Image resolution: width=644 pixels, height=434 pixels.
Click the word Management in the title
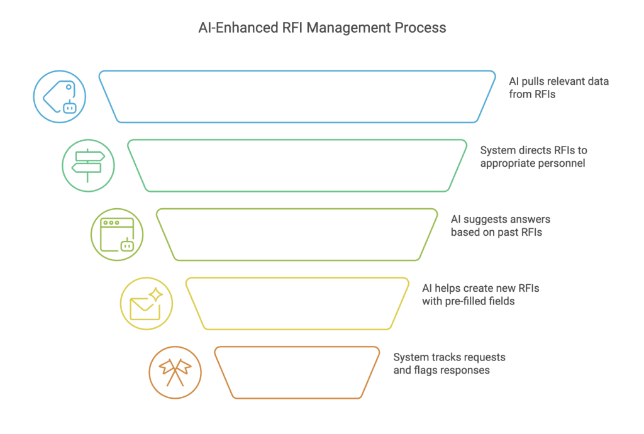click(x=348, y=28)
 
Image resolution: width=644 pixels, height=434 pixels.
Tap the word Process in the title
click(x=420, y=28)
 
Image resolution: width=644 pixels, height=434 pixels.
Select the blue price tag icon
click(x=60, y=96)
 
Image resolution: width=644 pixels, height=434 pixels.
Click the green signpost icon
click(x=88, y=165)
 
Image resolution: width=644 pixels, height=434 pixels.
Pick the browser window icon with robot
click(x=117, y=235)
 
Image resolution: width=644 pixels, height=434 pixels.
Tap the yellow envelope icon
click(x=147, y=303)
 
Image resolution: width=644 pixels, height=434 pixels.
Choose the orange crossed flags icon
click(x=175, y=372)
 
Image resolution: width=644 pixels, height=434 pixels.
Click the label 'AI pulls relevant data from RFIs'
click(x=558, y=88)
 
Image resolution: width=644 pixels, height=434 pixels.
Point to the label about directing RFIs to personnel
click(x=533, y=157)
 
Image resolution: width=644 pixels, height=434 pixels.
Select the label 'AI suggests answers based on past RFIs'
click(x=500, y=226)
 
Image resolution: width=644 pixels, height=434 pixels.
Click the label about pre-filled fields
click(x=480, y=295)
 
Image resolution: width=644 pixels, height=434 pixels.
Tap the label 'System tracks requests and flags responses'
click(x=449, y=364)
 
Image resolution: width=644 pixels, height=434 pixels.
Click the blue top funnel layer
click(x=297, y=71)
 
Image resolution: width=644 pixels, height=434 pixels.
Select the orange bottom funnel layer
click(x=297, y=347)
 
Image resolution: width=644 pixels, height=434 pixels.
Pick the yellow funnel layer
click(x=297, y=278)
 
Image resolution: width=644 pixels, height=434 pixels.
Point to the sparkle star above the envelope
click(x=156, y=294)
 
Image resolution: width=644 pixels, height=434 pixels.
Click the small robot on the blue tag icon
click(x=70, y=107)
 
